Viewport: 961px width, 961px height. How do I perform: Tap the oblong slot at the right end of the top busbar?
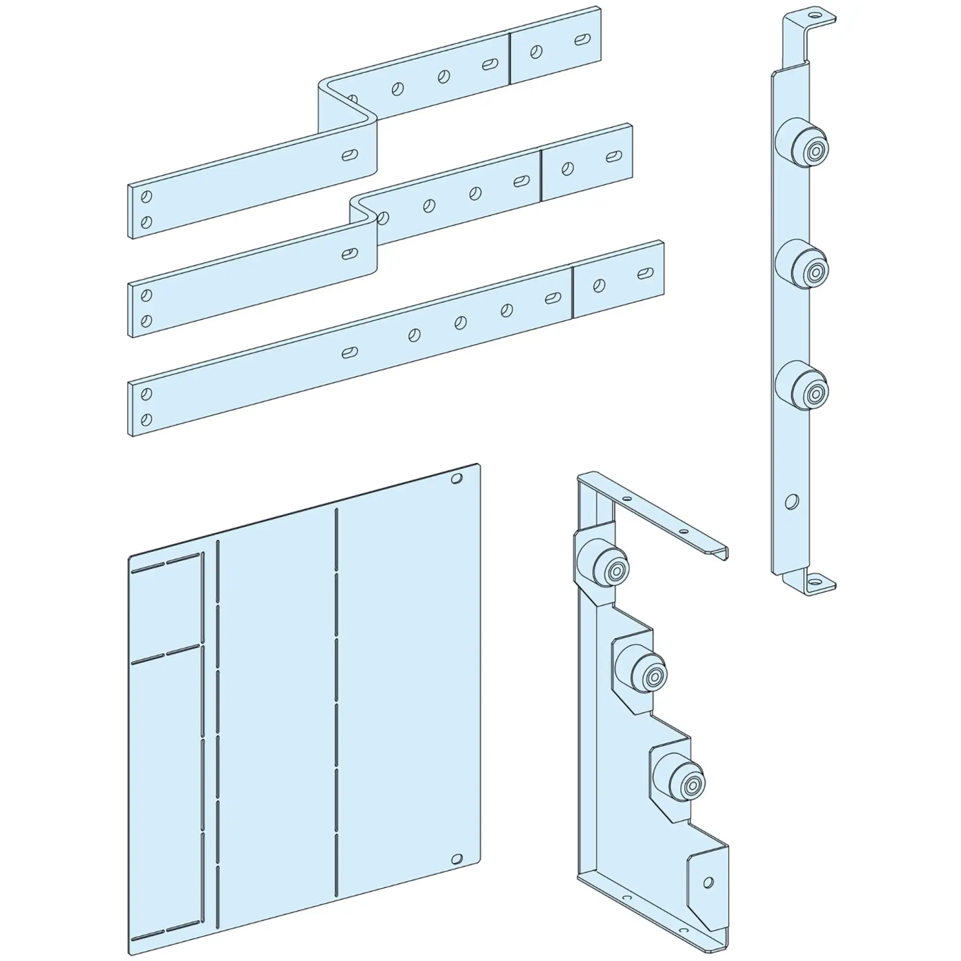click(582, 40)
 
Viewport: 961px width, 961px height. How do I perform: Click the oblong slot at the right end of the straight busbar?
click(645, 273)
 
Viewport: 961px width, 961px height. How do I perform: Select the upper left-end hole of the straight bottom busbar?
click(146, 394)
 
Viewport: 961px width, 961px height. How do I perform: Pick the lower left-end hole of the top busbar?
click(146, 222)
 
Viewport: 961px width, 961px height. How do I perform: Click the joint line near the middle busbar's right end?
click(541, 175)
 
